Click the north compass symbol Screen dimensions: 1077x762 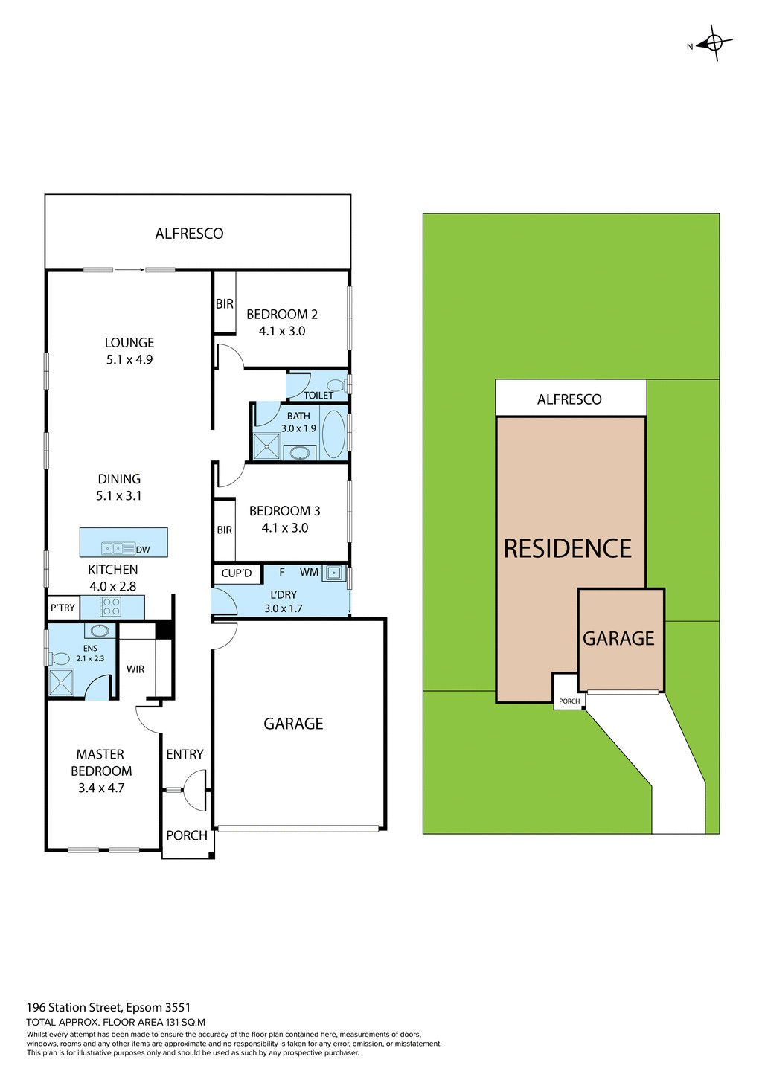(713, 43)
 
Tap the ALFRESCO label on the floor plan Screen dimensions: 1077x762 (189, 234)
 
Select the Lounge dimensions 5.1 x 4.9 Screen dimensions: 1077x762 (129, 359)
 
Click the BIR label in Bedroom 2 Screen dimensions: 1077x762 (224, 304)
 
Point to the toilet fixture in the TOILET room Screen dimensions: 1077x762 (336, 385)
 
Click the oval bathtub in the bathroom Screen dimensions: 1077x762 (333, 434)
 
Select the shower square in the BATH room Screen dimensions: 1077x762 (266, 446)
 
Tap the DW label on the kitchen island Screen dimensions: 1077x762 (143, 550)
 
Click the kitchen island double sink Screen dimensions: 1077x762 (118, 548)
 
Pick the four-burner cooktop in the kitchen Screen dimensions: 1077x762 (111, 607)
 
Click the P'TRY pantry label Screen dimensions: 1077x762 (63, 608)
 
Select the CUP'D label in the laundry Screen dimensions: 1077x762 (237, 573)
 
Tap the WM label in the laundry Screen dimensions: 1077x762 (309, 572)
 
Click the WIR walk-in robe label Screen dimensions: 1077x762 (135, 669)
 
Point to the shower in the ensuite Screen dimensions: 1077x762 (61, 683)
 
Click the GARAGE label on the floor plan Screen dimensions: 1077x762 (293, 724)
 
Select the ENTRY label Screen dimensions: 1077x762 (185, 754)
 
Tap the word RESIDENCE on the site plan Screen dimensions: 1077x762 (568, 549)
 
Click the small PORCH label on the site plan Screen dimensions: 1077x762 (569, 701)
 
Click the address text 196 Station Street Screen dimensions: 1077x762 (108, 1008)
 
